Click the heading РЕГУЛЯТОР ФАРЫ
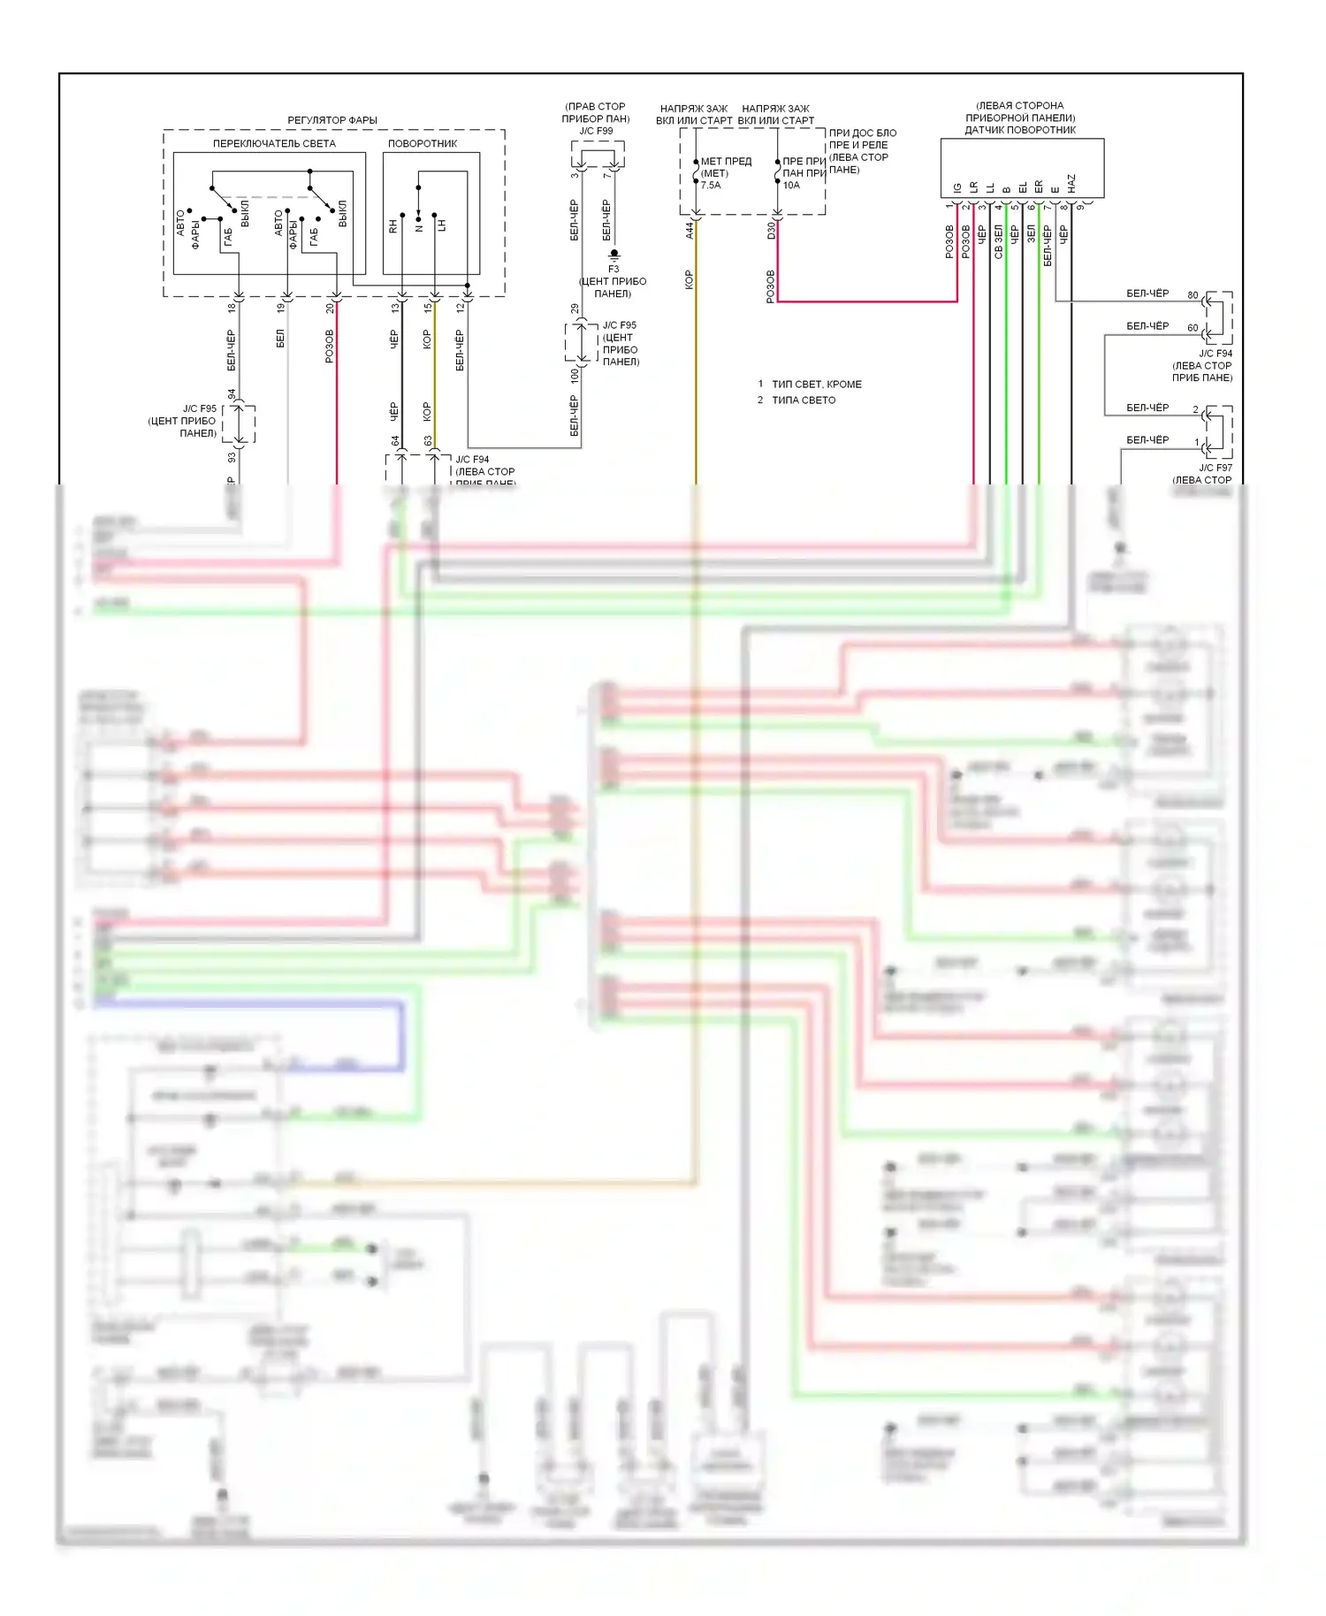click(331, 120)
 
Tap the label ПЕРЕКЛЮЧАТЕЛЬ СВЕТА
click(274, 143)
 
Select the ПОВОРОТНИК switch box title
click(423, 143)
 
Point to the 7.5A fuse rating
click(711, 186)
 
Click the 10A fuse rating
click(791, 186)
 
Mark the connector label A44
click(690, 231)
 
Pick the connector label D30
click(771, 231)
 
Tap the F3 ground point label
click(613, 269)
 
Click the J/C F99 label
click(596, 131)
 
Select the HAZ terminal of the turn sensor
click(1071, 183)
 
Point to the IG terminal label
click(957, 188)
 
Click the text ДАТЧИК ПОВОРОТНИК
click(1020, 130)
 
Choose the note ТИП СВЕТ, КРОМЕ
click(817, 385)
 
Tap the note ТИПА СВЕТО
click(804, 400)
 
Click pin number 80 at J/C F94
click(1193, 295)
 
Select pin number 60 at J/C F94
click(1193, 328)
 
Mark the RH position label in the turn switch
click(393, 227)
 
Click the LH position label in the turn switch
click(442, 225)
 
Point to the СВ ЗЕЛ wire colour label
click(998, 240)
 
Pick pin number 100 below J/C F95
click(575, 376)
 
